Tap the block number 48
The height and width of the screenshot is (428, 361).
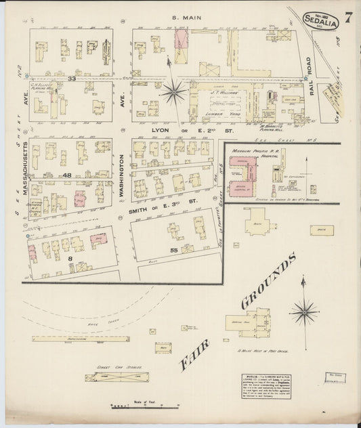[67, 175]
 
